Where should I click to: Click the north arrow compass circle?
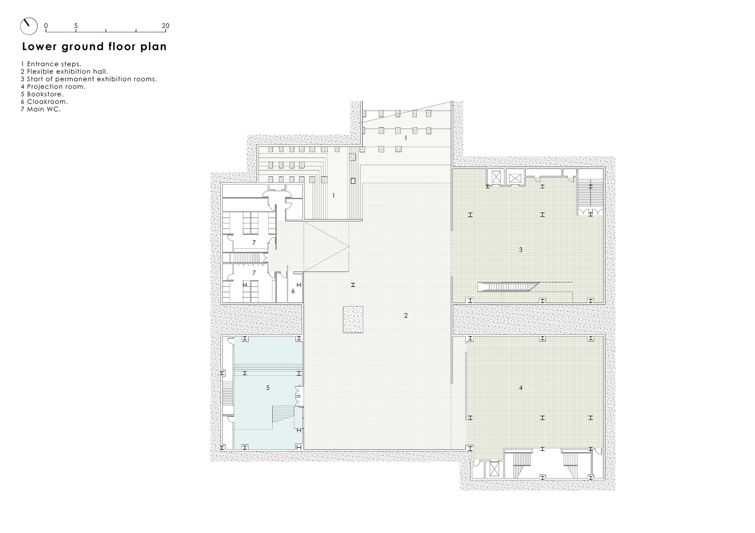[x=29, y=26]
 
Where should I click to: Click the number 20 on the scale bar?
[x=165, y=26]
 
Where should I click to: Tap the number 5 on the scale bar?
[x=76, y=26]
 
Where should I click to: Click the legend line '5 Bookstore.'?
[x=42, y=94]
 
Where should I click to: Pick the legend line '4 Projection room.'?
[x=53, y=86]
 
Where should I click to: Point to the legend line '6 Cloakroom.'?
[x=45, y=102]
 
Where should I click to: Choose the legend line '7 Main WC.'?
[x=41, y=109]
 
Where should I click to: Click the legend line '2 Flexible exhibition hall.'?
[x=65, y=71]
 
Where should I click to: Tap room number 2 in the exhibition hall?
[x=406, y=315]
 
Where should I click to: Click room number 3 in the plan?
[x=521, y=250]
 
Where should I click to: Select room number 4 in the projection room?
[x=521, y=388]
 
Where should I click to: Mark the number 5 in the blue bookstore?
[x=268, y=388]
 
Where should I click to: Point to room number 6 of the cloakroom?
[x=293, y=291]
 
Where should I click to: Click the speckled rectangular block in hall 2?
[x=353, y=319]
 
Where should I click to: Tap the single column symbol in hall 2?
[x=353, y=285]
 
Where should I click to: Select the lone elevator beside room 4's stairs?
[x=494, y=469]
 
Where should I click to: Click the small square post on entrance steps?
[x=353, y=181]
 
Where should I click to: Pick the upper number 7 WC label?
[x=254, y=243]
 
